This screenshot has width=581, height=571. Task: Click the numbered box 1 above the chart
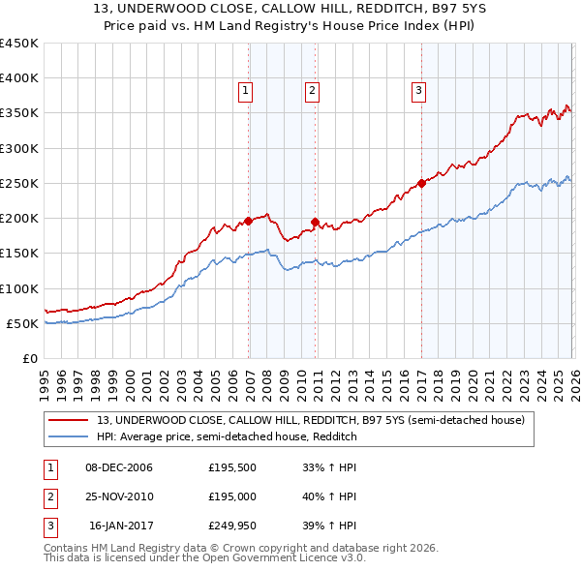(x=246, y=92)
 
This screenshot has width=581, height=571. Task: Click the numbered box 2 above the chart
(x=313, y=92)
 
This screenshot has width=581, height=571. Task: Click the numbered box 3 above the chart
(x=418, y=92)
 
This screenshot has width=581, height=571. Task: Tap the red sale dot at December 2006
(x=249, y=221)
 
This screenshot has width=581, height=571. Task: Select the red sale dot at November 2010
(x=316, y=222)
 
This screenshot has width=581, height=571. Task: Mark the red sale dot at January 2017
(x=421, y=183)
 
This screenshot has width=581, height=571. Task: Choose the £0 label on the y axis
(x=29, y=358)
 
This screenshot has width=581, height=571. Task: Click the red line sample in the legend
(x=69, y=420)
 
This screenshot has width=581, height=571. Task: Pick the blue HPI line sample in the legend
(x=69, y=436)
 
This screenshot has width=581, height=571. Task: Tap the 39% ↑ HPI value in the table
(x=330, y=526)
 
